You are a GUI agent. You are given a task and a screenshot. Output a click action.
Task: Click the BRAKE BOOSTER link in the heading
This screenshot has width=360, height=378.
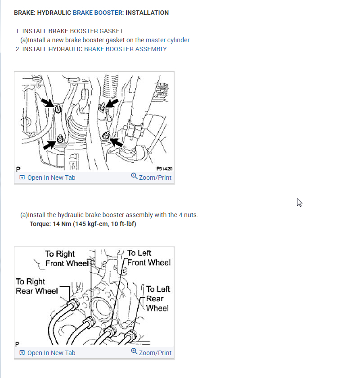click(x=98, y=13)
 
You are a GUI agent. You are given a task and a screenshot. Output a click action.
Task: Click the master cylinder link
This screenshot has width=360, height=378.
click(x=168, y=40)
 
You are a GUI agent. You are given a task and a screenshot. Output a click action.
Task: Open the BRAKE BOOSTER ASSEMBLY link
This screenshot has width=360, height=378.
click(x=125, y=49)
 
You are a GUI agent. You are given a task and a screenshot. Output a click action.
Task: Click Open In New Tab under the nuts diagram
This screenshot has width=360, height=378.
click(x=47, y=178)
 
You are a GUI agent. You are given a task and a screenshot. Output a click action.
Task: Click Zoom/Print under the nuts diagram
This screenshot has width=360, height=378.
click(x=151, y=177)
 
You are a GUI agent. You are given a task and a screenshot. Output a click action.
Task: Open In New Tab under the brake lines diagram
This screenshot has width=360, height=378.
click(x=47, y=353)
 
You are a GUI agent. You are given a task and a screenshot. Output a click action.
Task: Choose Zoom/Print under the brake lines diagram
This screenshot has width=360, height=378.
click(x=151, y=352)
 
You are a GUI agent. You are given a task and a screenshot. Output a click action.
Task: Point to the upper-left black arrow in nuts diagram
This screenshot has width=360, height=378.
click(x=48, y=102)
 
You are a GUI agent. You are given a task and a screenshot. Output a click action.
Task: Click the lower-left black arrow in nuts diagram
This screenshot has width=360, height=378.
click(x=49, y=145)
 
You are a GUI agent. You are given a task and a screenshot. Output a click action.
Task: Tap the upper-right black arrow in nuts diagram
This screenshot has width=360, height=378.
click(x=112, y=103)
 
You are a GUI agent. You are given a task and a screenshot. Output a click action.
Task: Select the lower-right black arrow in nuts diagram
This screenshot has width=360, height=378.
click(x=117, y=142)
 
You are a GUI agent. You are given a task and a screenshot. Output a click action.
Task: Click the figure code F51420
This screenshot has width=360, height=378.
click(x=164, y=169)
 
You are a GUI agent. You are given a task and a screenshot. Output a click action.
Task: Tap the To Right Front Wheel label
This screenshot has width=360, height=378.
click(x=67, y=259)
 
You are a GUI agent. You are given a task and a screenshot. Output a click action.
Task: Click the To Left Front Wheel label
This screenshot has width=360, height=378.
click(x=149, y=258)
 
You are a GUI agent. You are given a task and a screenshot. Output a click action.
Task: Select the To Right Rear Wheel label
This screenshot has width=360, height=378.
click(x=37, y=286)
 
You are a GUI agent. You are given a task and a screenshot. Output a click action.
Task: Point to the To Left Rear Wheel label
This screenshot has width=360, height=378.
click(x=158, y=298)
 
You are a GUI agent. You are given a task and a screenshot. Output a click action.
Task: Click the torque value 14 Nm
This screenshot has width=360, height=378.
click(x=62, y=224)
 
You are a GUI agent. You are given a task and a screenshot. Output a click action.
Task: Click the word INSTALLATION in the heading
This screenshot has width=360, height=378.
click(x=147, y=13)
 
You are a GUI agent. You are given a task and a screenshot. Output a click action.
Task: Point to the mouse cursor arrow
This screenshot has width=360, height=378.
click(x=299, y=203)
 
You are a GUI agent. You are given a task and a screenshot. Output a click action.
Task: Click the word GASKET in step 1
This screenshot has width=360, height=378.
click(x=112, y=31)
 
